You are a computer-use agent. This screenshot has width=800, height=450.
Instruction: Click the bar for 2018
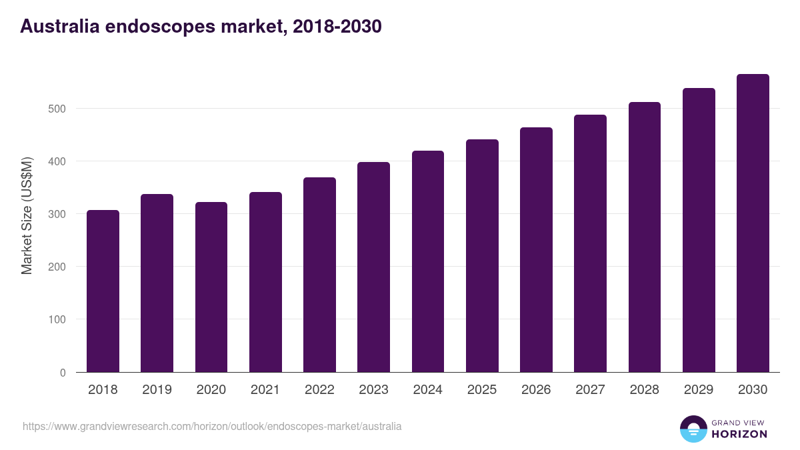coord(103,291)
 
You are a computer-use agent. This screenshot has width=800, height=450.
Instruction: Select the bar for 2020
coord(211,287)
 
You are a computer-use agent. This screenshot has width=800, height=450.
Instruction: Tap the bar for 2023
coord(373,267)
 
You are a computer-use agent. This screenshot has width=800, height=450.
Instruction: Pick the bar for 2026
coord(536,250)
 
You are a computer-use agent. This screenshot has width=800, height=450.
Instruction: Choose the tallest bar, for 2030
coord(753,223)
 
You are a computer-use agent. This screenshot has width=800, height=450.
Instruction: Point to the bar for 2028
coord(645,237)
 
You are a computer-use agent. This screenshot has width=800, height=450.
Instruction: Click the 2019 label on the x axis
coord(157,390)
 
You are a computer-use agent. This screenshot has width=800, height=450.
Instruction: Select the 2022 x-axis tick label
coord(319,390)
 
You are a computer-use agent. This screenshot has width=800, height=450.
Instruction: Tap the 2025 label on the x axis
coord(482,390)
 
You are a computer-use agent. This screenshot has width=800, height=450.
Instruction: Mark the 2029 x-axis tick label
coord(699,390)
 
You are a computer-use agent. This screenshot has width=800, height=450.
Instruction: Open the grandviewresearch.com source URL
coord(212,426)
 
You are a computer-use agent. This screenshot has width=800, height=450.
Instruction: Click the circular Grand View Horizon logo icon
coord(693,429)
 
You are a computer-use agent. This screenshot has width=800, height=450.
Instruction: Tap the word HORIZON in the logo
coord(739,434)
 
